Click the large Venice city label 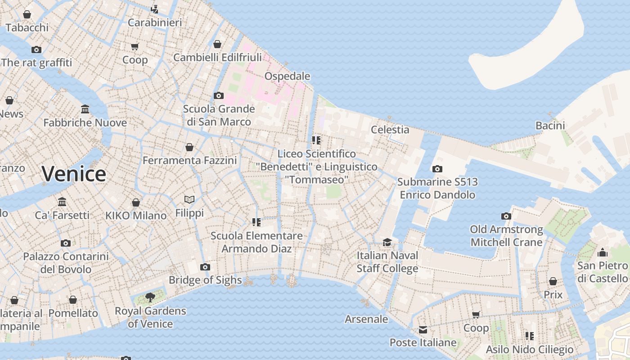point(74,174)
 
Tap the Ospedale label point(287,76)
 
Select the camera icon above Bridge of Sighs point(205,267)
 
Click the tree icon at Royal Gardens point(150,297)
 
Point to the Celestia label point(390,130)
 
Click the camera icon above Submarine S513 point(437,169)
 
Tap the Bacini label point(550,126)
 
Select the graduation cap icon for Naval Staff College point(387,243)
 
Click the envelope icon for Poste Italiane point(423,330)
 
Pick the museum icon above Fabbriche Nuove point(85,109)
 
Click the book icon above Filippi point(189,199)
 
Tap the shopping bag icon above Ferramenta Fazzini point(189,147)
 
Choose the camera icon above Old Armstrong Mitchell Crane point(506,216)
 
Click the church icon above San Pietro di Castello point(603,252)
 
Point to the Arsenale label point(366,319)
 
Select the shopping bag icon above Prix point(553,281)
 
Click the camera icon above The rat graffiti point(36,49)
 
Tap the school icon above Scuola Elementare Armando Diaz point(256,222)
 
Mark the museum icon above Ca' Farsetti point(62,202)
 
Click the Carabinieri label point(155,22)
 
